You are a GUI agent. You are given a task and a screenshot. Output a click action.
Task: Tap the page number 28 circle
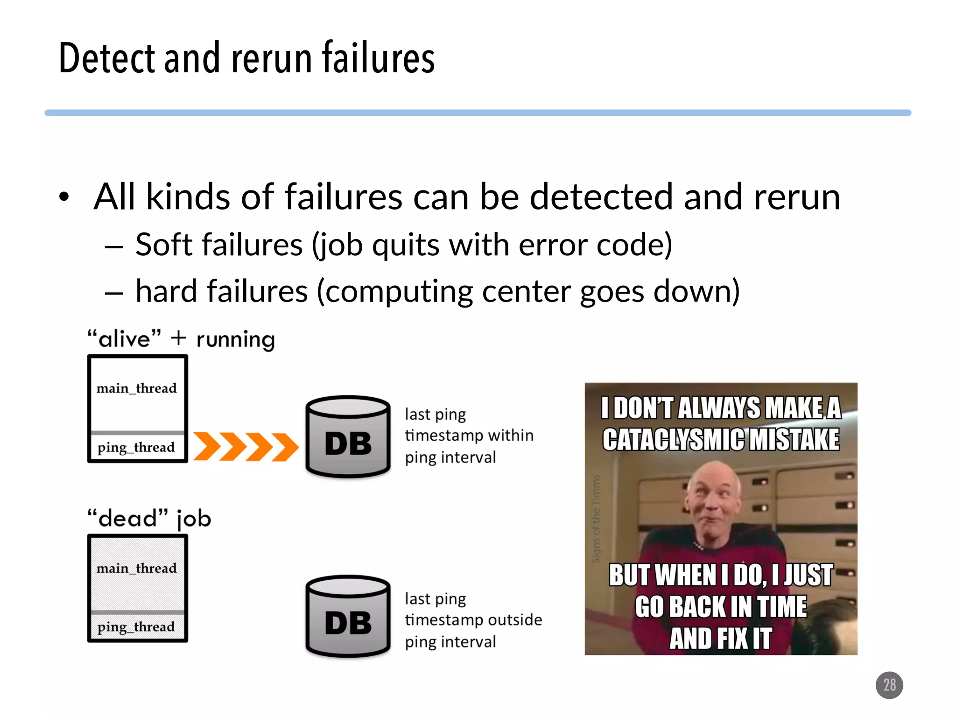[x=889, y=685]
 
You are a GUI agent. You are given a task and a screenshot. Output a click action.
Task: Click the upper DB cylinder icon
[x=348, y=436]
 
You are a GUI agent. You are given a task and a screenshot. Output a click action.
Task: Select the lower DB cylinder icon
[x=348, y=616]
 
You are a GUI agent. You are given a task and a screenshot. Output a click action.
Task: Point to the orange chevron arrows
[x=246, y=447]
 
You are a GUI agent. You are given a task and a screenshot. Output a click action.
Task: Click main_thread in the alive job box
[x=136, y=388]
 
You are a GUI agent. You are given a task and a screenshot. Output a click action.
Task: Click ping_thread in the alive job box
[x=136, y=447]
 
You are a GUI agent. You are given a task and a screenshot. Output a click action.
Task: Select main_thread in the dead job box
[x=136, y=568]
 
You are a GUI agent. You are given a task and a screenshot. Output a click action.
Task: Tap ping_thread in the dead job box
[x=136, y=627]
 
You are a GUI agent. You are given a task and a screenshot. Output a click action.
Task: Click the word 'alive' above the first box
[x=125, y=338]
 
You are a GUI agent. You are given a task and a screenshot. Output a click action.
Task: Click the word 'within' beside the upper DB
[x=511, y=435]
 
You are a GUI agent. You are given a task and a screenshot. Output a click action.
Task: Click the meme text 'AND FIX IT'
[x=720, y=638]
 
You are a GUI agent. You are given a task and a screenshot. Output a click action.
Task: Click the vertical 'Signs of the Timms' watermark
[x=596, y=518]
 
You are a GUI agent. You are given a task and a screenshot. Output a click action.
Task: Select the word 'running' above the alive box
[x=235, y=339]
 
